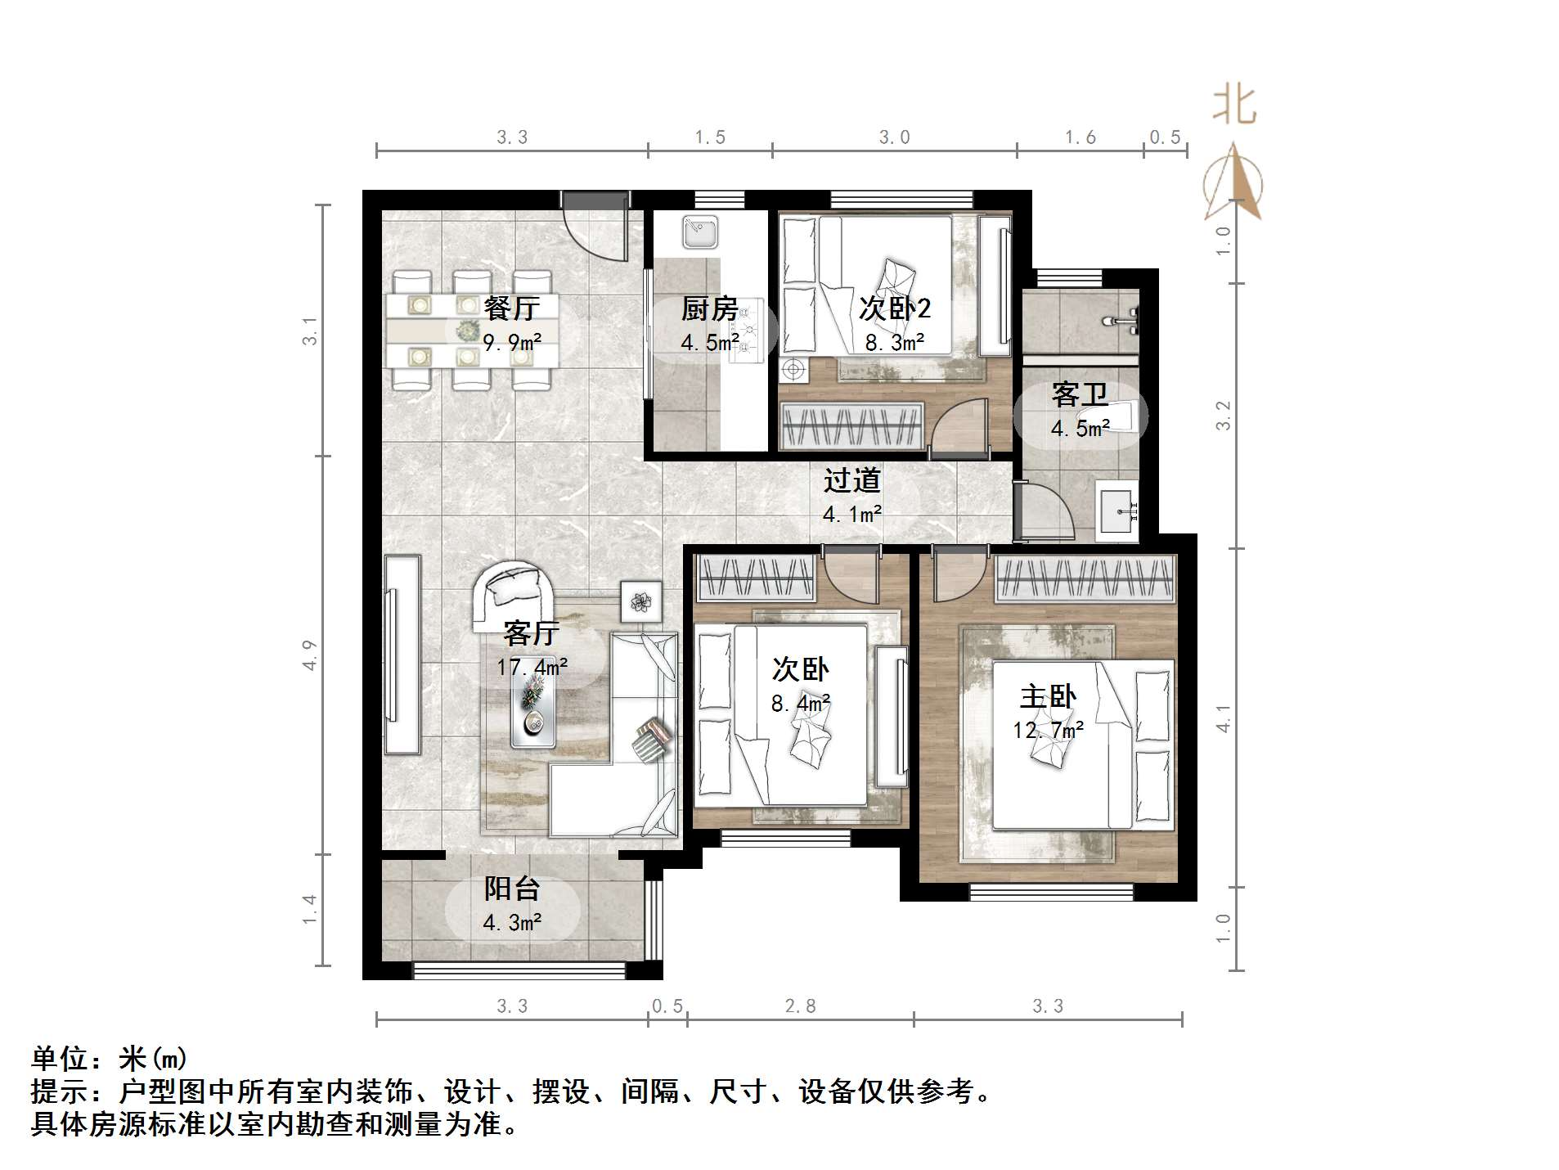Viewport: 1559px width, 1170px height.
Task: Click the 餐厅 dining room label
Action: point(511,308)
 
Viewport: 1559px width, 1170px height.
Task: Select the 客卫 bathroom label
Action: point(1080,395)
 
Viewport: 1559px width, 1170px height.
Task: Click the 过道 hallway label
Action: point(851,480)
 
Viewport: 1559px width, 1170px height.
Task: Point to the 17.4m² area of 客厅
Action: point(532,668)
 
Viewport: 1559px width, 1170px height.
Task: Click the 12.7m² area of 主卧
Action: point(1049,730)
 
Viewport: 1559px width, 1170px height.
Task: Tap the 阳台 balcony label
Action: point(512,889)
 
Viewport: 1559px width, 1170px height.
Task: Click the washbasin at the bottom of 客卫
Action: point(1116,511)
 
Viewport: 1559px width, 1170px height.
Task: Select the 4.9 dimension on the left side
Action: point(309,655)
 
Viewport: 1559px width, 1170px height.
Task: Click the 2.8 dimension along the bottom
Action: point(800,1006)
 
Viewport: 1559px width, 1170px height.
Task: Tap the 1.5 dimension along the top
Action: point(710,137)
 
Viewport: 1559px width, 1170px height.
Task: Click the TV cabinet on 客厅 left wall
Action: point(402,655)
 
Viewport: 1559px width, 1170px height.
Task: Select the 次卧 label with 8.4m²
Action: point(800,669)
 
